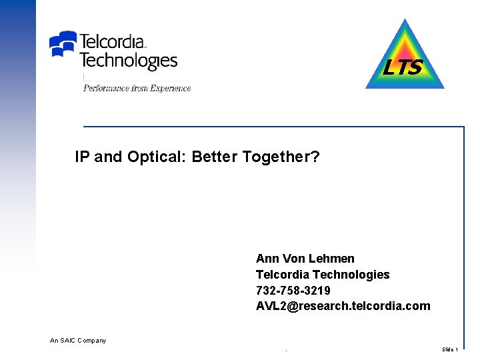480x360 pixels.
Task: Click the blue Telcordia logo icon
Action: point(63,44)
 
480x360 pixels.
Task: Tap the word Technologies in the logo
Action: point(128,61)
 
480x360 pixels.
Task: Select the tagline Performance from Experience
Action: point(137,89)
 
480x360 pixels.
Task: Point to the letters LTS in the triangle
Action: point(403,68)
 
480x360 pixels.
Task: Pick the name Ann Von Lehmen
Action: point(305,259)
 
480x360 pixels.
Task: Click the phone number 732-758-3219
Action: point(293,291)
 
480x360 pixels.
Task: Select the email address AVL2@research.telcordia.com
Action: point(343,307)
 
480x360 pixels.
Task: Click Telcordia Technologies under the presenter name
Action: point(323,275)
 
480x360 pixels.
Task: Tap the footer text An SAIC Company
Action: point(78,341)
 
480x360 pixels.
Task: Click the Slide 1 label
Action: point(450,349)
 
